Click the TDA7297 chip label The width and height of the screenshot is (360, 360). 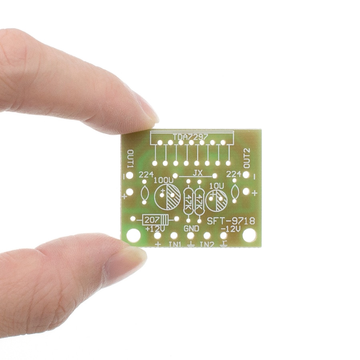(x=190, y=137)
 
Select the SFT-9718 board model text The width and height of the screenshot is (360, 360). (x=231, y=221)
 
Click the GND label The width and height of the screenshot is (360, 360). (x=191, y=229)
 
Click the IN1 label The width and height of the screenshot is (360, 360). (x=175, y=244)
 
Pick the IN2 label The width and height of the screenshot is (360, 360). (x=207, y=244)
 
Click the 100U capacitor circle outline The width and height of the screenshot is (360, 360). (x=154, y=196)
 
